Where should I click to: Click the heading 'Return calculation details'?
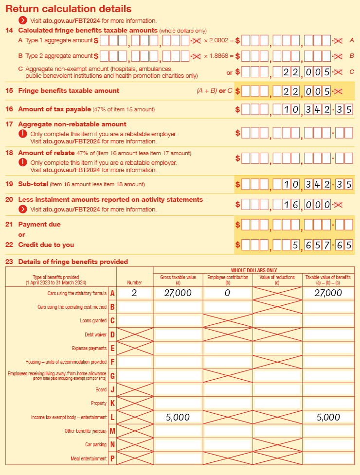coord(68,9)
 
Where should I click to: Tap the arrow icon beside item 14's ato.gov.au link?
coord(22,20)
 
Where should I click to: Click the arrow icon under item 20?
coord(22,209)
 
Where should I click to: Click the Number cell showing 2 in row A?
coord(134,293)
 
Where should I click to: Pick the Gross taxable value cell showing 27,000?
coord(178,293)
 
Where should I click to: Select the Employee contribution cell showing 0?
coord(228,293)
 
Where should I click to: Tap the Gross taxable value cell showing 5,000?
coord(178,417)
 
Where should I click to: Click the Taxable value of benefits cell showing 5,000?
coord(328,417)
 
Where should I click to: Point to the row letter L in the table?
coord(112,418)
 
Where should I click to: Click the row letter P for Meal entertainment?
coord(112,458)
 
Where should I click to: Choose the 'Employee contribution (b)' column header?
coord(228,279)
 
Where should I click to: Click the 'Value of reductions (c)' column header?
coord(277,279)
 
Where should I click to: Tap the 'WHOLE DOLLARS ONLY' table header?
coord(253,270)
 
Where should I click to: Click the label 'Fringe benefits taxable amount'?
coord(69,90)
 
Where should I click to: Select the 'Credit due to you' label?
coord(46,245)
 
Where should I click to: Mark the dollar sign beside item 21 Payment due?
coord(238,225)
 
